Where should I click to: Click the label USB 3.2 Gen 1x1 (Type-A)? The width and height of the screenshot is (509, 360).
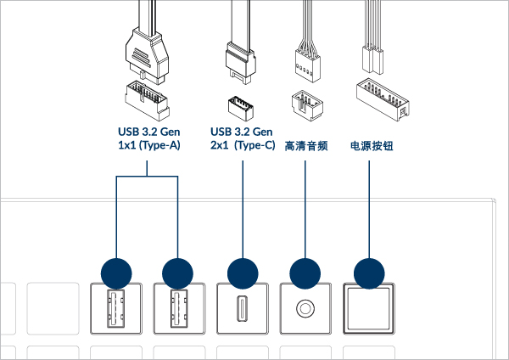(x=148, y=138)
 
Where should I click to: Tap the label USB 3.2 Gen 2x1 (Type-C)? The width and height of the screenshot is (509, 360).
(x=243, y=138)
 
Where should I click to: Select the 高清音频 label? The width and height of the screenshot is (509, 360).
(x=305, y=145)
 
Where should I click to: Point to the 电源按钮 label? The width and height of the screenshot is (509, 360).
(x=371, y=145)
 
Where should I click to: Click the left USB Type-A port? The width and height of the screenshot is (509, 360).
(x=116, y=308)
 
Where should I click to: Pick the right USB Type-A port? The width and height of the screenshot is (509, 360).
(x=178, y=308)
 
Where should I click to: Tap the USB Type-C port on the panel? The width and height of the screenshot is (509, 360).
(x=242, y=308)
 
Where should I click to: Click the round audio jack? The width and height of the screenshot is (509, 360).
(x=305, y=308)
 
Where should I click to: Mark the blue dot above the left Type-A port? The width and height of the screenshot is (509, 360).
(x=116, y=273)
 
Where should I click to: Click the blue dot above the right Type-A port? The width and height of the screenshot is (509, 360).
(x=178, y=273)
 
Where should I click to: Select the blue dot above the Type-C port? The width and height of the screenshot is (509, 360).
(x=242, y=273)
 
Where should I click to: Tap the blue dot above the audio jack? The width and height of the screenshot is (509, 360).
(x=305, y=273)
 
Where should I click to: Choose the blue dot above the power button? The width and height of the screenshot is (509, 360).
(x=368, y=273)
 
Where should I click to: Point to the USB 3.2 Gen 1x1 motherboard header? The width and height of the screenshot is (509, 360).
(x=148, y=97)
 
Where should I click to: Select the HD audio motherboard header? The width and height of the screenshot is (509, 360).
(x=304, y=104)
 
